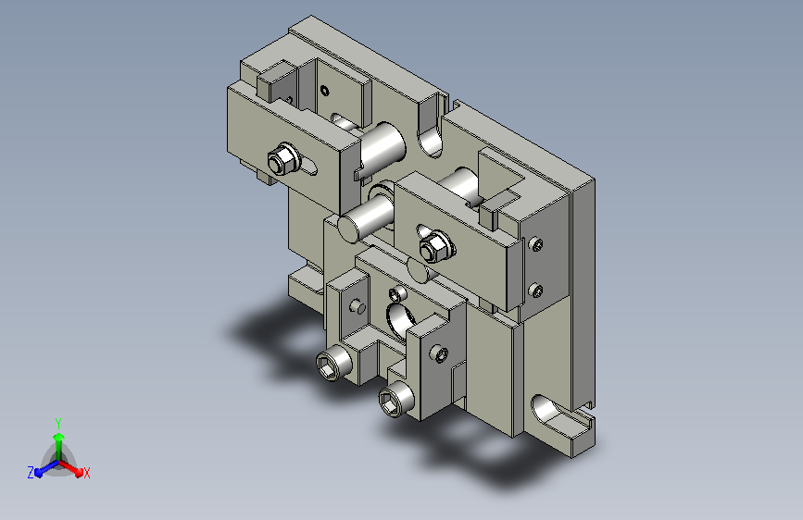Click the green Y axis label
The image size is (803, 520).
pos(58,423)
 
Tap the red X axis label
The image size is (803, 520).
pos(86,474)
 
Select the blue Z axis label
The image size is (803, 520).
pos(31,473)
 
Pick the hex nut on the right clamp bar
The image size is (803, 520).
pos(437,247)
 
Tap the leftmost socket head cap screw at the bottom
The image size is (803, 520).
pos(333,365)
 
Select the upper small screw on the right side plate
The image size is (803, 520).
pos(536,244)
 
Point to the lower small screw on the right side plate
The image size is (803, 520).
pos(536,291)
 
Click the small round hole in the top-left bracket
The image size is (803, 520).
pos(325,91)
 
